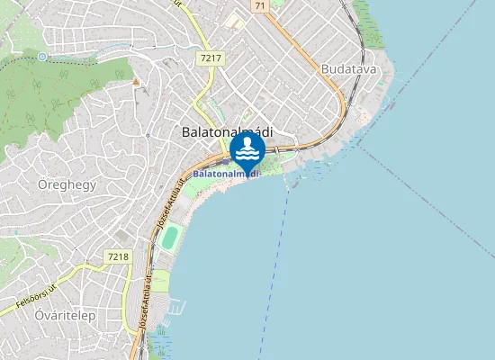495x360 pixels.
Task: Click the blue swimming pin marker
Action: [247, 149]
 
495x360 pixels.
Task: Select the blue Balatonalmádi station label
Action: [225, 173]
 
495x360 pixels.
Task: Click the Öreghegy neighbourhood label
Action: [67, 184]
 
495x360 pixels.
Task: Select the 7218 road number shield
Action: [118, 256]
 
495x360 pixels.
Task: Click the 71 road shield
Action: [260, 5]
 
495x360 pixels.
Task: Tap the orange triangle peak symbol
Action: [136, 82]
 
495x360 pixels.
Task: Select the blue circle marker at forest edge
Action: [42, 57]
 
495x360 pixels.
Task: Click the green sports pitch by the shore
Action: [170, 237]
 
